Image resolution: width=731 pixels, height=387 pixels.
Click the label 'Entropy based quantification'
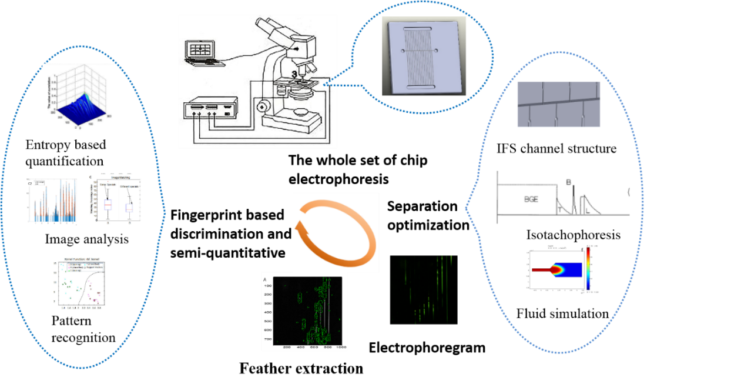click(65, 152)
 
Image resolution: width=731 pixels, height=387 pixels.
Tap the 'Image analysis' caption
click(86, 239)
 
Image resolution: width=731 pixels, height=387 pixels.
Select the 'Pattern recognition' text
click(83, 329)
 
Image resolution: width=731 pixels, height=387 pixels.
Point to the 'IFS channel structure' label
click(556, 148)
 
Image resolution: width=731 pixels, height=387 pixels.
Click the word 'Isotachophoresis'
click(573, 235)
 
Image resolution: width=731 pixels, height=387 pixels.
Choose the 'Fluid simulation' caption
click(562, 313)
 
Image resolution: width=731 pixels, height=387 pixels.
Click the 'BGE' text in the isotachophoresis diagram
click(531, 199)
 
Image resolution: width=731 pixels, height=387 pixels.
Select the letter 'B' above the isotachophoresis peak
click(569, 182)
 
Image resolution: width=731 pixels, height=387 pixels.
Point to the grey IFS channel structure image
click(558, 104)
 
